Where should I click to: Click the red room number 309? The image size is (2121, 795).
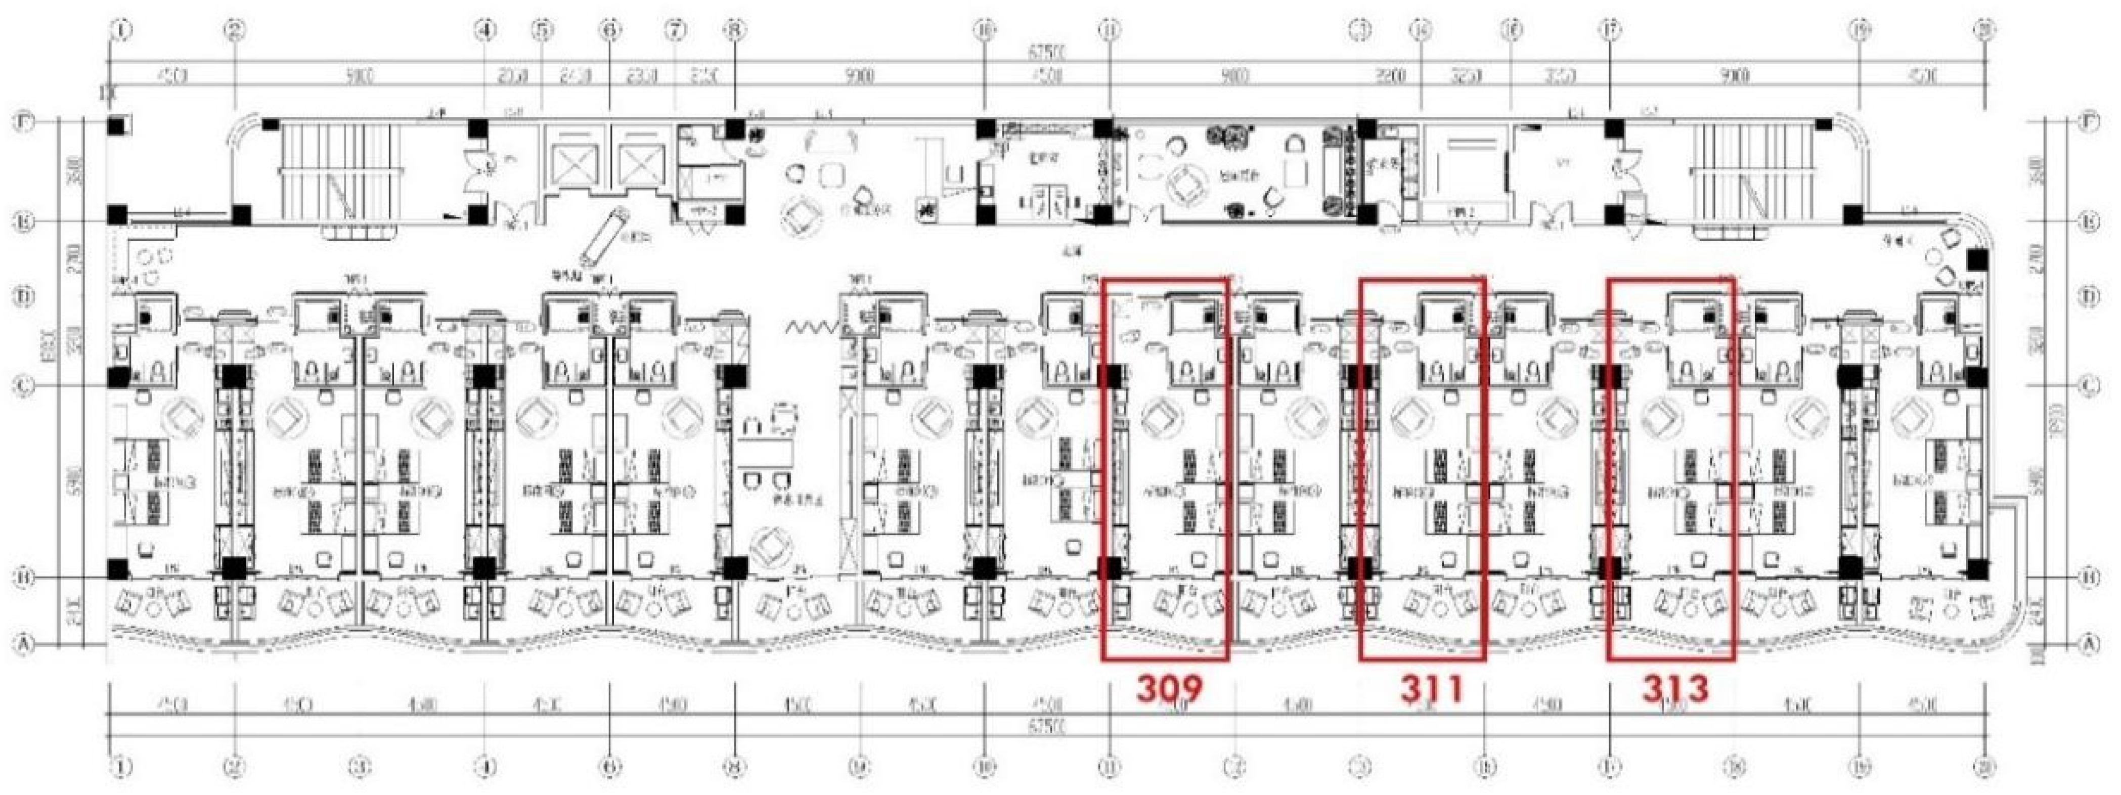(1169, 688)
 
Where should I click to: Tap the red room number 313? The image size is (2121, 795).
(1675, 688)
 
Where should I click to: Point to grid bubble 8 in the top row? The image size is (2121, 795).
(734, 30)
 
